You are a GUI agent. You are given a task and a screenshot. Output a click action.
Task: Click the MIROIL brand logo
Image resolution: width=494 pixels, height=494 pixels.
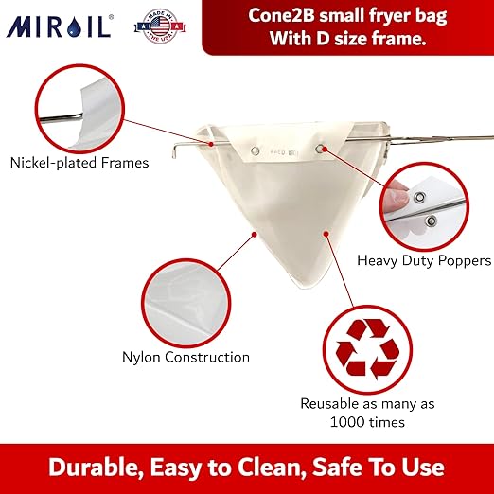(59, 25)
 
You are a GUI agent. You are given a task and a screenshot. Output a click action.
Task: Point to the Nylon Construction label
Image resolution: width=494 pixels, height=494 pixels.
(185, 357)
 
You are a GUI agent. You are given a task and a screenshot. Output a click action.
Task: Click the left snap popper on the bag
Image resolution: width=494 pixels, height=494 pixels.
(254, 149)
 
